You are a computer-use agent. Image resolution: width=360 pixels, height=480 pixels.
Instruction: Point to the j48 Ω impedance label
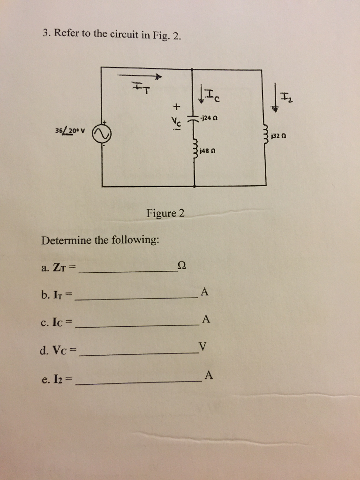tap(208, 151)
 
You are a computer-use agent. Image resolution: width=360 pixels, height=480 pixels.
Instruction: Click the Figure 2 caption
tap(165, 213)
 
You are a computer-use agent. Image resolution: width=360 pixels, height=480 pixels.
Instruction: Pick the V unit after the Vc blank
tap(202, 346)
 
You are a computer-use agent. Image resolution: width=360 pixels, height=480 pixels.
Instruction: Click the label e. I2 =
tap(58, 379)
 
